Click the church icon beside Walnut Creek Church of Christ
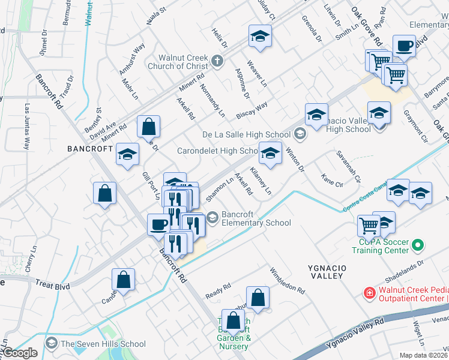tap(217, 61)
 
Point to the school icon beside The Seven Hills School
tap(52, 344)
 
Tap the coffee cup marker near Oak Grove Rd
tap(405, 46)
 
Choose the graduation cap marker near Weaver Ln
tap(260, 37)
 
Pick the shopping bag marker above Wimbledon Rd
tap(258, 298)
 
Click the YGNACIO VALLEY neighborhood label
tap(327, 271)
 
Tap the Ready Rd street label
tap(218, 290)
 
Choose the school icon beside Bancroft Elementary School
tap(212, 218)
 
